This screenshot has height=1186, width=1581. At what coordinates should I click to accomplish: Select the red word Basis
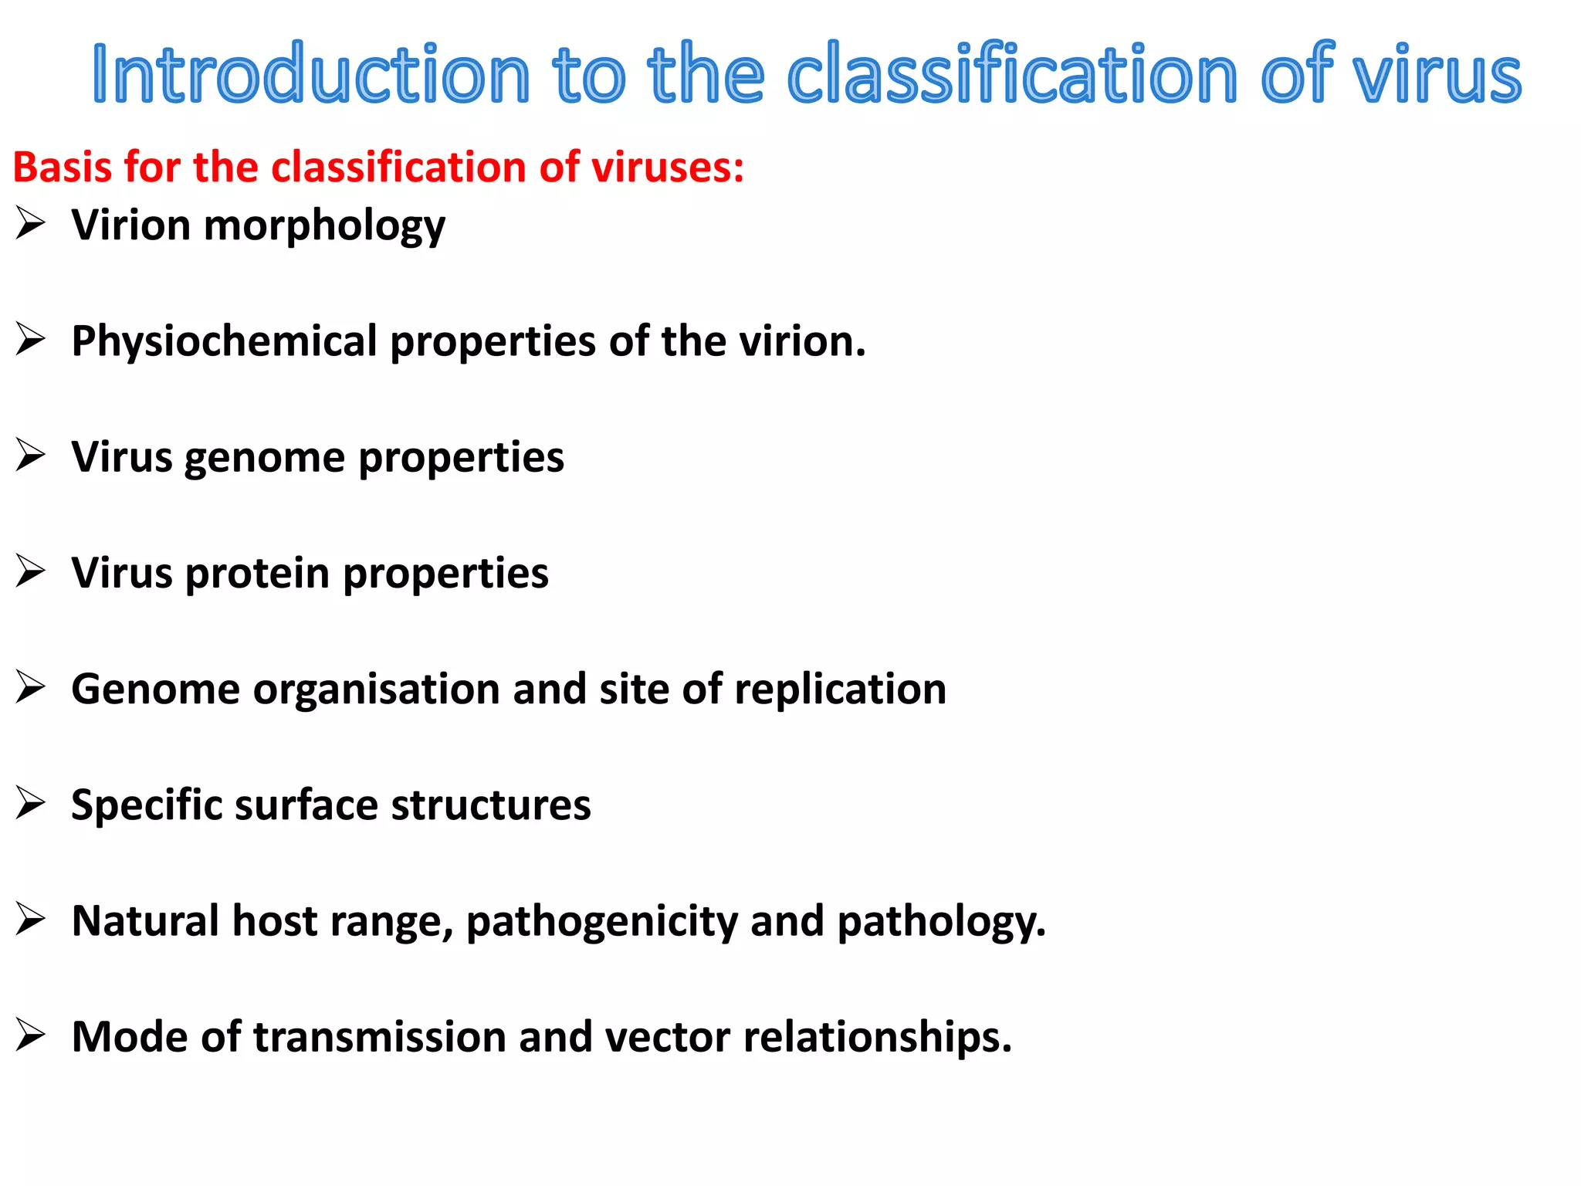pos(62,167)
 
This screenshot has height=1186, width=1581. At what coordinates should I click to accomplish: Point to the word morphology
pos(324,226)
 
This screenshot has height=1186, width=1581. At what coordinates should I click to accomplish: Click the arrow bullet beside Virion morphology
pos(31,225)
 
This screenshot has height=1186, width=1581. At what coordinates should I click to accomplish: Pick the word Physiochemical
pos(224,341)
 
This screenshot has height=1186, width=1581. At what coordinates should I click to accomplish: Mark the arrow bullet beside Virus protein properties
pos(31,572)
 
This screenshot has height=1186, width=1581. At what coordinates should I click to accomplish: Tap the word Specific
pos(147,805)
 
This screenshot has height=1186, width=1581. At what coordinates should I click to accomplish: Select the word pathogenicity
pos(602,922)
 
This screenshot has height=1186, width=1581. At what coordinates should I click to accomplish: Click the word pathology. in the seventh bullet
pos(942,922)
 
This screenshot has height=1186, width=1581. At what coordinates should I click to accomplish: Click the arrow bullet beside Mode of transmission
pos(31,1035)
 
